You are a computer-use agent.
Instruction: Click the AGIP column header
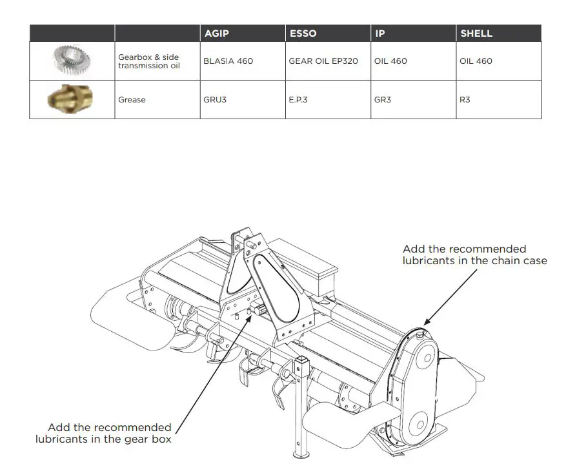click(217, 34)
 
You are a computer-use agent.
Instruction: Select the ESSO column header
click(303, 34)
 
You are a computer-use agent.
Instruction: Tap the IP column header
click(380, 34)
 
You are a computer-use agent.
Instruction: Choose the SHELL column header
click(476, 34)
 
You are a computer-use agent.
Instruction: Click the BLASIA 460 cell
click(228, 61)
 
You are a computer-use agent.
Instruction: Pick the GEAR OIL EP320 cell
click(323, 61)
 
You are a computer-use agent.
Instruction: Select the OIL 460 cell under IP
click(390, 61)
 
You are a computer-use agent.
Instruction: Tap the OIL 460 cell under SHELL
click(476, 61)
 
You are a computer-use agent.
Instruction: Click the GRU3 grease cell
click(215, 100)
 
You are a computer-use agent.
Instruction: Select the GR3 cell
click(383, 100)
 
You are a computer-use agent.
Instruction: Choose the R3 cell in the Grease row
click(465, 100)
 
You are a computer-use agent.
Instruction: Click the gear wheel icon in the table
click(72, 60)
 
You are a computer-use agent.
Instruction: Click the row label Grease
click(132, 100)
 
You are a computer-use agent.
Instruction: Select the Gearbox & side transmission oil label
click(148, 61)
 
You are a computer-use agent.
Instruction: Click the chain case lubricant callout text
click(474, 255)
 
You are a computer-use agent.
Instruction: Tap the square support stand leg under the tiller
click(299, 412)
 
